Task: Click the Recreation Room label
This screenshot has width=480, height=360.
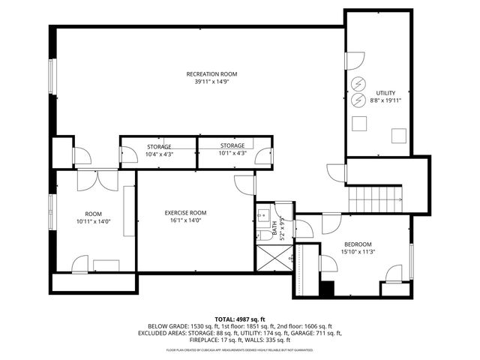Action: pyautogui.click(x=211, y=73)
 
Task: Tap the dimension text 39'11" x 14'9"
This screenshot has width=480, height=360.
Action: pyautogui.click(x=211, y=82)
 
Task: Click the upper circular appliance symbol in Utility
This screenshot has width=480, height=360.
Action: pyautogui.click(x=359, y=82)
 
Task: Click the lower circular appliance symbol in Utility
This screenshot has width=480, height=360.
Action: pyautogui.click(x=359, y=100)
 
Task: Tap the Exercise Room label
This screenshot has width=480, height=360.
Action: pyautogui.click(x=185, y=213)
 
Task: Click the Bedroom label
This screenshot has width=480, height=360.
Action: pyautogui.click(x=358, y=244)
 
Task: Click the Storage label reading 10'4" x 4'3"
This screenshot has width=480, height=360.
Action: pyautogui.click(x=158, y=146)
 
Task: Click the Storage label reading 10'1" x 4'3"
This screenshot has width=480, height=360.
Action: pyautogui.click(x=232, y=145)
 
